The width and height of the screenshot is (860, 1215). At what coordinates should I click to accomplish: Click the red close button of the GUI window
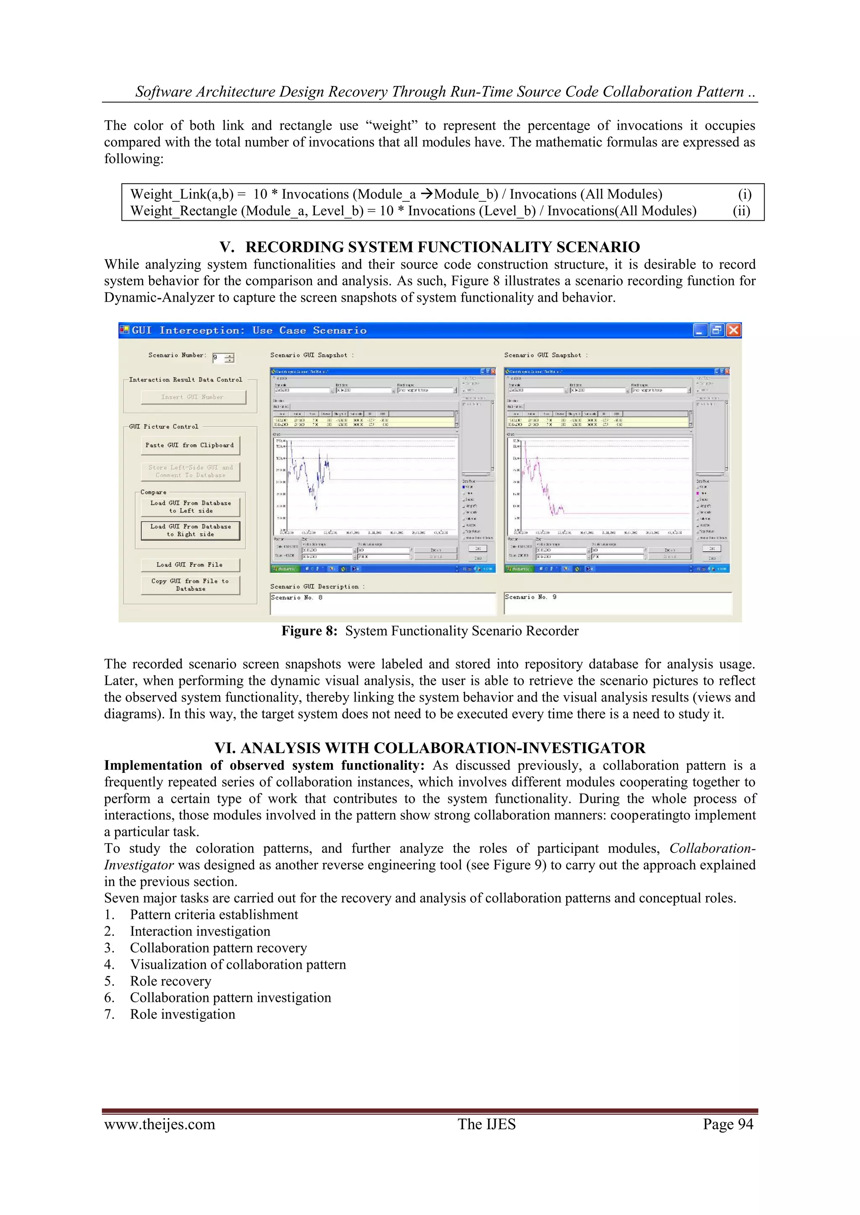click(x=734, y=330)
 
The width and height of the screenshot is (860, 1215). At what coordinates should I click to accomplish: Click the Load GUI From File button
click(x=190, y=565)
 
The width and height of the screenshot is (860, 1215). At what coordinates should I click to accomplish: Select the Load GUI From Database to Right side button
click(x=190, y=530)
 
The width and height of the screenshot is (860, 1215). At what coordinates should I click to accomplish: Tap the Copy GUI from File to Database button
click(x=190, y=585)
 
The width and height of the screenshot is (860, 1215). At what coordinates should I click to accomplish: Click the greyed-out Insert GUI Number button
click(x=193, y=397)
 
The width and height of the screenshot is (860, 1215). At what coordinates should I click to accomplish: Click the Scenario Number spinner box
click(x=223, y=358)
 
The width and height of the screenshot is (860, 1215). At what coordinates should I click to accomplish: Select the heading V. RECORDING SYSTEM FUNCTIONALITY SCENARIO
click(x=430, y=247)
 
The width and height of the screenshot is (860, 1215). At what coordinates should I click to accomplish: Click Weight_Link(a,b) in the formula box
click(x=182, y=194)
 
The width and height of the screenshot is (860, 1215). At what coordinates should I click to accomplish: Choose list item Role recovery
click(x=170, y=981)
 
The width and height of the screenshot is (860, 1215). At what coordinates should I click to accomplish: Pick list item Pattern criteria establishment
click(x=214, y=915)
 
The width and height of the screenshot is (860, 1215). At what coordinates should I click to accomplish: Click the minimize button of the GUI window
click(x=700, y=330)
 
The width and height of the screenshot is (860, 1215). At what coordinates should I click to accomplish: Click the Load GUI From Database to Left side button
click(x=190, y=507)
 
